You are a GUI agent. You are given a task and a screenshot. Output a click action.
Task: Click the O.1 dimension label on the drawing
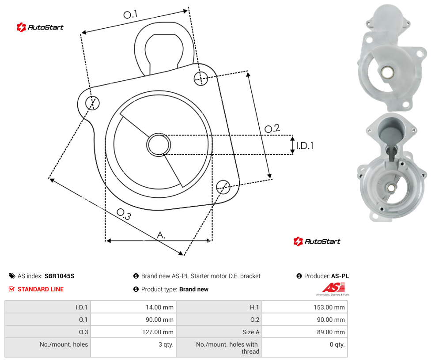(130, 14)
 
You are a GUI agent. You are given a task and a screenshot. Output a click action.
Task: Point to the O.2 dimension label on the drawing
(272, 128)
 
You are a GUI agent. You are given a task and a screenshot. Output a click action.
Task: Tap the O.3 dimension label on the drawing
(124, 214)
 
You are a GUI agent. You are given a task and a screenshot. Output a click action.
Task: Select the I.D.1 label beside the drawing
(305, 145)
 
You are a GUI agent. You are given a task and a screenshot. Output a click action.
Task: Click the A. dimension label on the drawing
(161, 235)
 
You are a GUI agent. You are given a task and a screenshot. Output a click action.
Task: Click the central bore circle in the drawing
(159, 145)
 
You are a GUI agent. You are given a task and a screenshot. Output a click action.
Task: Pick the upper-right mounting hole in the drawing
(201, 78)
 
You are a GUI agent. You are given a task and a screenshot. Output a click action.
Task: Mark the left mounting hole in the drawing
(92, 103)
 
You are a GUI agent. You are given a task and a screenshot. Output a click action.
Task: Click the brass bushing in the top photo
(388, 72)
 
